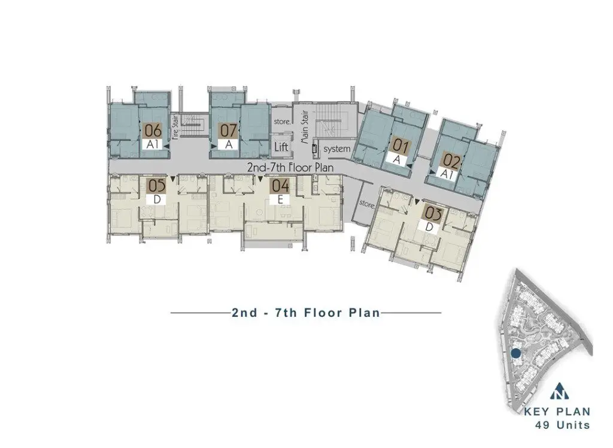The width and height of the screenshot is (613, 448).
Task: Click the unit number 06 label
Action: [153, 131]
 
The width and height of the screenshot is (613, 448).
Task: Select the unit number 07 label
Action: [229, 131]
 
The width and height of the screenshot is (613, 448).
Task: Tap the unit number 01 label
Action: [400, 147]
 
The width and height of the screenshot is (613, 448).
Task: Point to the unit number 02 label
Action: [450, 161]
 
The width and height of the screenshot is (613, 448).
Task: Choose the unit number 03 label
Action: [433, 214]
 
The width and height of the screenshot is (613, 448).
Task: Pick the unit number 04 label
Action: [280, 186]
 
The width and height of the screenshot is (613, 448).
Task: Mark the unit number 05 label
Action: [156, 186]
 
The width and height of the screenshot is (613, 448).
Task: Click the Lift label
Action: [281, 147]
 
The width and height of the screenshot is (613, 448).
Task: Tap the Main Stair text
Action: [304, 127]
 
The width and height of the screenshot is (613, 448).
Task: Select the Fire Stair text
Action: [175, 127]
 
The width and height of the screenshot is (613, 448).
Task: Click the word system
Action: [336, 149]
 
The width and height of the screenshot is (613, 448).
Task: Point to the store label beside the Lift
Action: [282, 122]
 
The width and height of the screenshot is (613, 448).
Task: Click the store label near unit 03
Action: [367, 204]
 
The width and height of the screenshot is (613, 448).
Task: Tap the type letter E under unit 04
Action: [280, 199]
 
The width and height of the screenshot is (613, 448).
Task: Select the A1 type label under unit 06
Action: [152, 144]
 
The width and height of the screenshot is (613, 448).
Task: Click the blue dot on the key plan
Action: [515, 354]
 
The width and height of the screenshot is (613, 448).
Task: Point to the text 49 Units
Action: [563, 425]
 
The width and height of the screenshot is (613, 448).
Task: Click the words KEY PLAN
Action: [557, 411]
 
